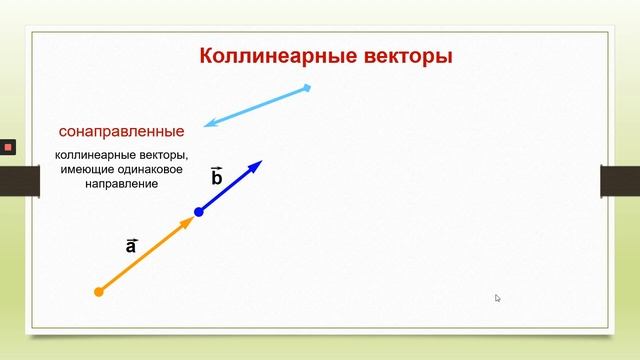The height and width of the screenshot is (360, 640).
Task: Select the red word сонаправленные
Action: pyautogui.click(x=122, y=131)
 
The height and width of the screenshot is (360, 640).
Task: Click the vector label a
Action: pyautogui.click(x=131, y=245)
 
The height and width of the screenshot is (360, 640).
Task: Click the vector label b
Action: pyautogui.click(x=216, y=177)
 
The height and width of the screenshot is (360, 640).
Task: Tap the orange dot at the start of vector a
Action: pyautogui.click(x=98, y=292)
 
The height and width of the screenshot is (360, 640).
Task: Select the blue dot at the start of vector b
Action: pyautogui.click(x=199, y=212)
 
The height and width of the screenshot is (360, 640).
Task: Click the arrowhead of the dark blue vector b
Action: pyautogui.click(x=256, y=165)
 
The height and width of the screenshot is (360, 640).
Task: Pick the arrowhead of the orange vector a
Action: pyautogui.click(x=186, y=222)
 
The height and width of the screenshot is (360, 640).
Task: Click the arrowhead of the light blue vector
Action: pyautogui.click(x=210, y=124)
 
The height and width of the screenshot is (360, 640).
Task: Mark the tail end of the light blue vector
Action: pyautogui.click(x=308, y=88)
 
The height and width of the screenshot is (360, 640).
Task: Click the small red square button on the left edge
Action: pyautogui.click(x=7, y=147)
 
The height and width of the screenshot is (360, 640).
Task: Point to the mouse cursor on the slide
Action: pyautogui.click(x=498, y=298)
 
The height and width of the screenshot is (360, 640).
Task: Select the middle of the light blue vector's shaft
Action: pyautogui.click(x=258, y=106)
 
